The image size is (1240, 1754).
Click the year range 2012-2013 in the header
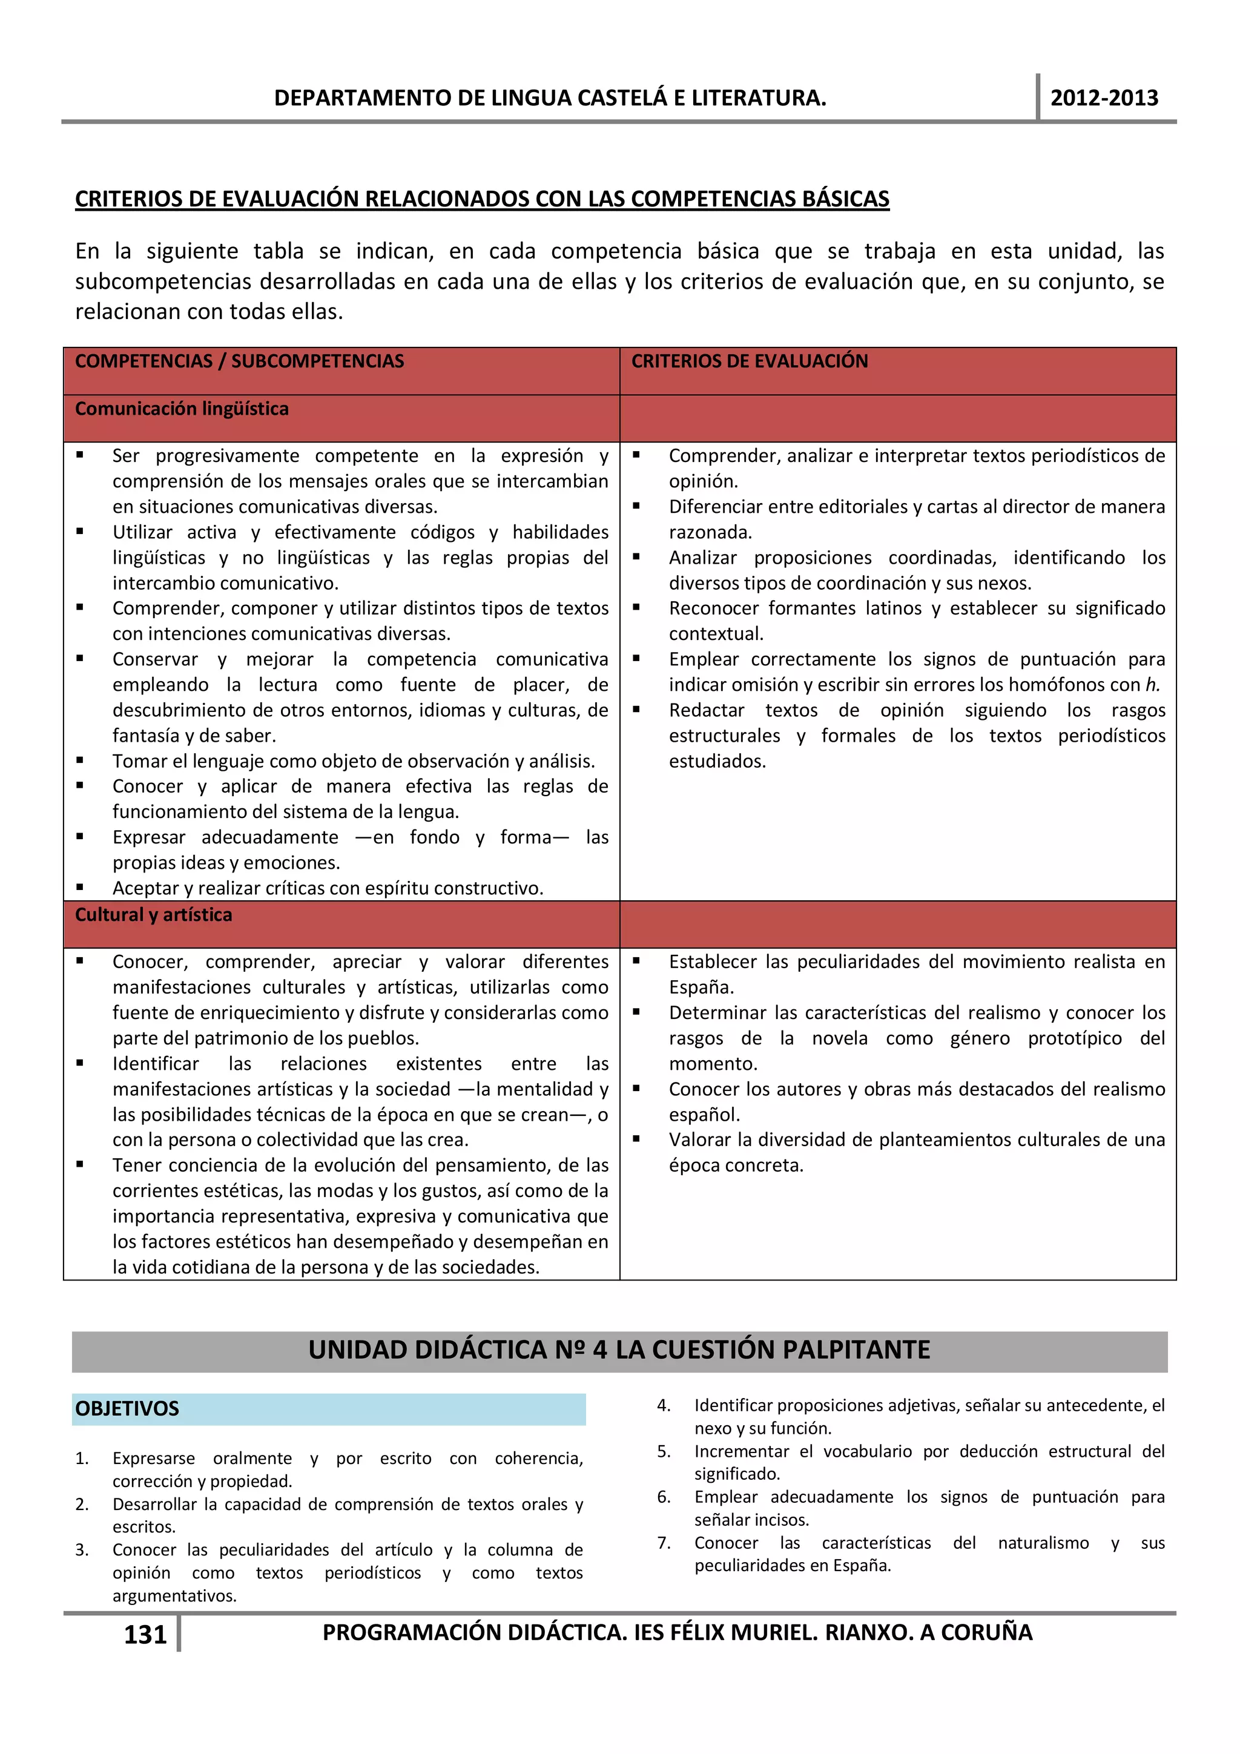(x=1103, y=98)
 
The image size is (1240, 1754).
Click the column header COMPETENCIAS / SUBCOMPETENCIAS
(x=239, y=361)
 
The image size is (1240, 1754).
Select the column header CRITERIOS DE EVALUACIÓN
(x=749, y=361)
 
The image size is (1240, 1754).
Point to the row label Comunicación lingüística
(x=182, y=409)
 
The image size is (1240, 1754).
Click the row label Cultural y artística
(x=153, y=914)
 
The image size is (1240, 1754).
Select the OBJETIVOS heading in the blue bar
(x=127, y=1408)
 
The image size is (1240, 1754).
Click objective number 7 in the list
(x=664, y=1542)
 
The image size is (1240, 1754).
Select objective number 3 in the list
(x=82, y=1549)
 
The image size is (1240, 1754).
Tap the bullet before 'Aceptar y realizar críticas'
(x=80, y=887)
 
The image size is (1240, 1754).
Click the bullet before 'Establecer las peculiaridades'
(x=636, y=960)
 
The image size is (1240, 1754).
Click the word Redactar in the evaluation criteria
(x=706, y=710)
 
